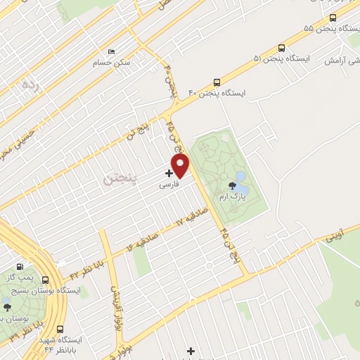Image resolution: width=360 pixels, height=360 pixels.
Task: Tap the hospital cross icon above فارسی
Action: click(169, 172)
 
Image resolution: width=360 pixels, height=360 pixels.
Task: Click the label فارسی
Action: click(170, 186)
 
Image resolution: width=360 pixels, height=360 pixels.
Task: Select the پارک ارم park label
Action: click(233, 198)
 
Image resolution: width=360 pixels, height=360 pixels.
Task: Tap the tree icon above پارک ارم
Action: click(233, 186)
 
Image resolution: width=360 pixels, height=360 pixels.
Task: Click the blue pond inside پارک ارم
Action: click(240, 176)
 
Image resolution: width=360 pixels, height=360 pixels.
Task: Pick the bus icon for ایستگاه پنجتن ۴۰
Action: click(217, 82)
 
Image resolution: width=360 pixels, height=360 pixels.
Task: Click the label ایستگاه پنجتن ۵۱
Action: click(285, 59)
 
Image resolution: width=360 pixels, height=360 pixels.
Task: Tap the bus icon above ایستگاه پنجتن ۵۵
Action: click(333, 18)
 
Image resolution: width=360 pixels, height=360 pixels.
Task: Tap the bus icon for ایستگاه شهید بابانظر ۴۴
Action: click(60, 328)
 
